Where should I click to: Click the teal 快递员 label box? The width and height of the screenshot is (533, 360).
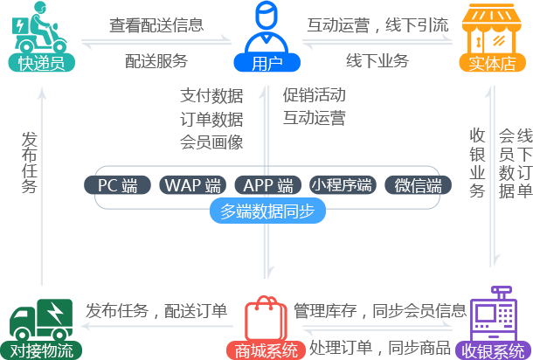click(x=41, y=63)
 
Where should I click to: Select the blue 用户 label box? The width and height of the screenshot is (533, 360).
click(x=261, y=63)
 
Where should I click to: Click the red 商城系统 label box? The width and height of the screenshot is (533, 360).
click(x=267, y=350)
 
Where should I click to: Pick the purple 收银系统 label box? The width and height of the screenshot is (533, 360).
click(x=494, y=350)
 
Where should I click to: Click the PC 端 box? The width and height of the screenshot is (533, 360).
click(x=117, y=185)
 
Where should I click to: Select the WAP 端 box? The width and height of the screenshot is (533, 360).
click(x=192, y=185)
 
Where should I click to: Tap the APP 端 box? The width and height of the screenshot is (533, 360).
click(x=267, y=185)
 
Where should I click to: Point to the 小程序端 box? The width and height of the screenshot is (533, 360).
click(x=343, y=185)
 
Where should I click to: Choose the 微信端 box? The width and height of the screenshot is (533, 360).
click(x=418, y=185)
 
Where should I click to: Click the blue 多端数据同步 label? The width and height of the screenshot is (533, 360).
click(x=267, y=211)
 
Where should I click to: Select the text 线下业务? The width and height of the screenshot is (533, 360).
click(x=377, y=60)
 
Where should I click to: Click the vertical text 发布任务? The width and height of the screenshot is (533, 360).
click(x=30, y=162)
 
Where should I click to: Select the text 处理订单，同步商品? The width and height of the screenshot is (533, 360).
click(x=375, y=348)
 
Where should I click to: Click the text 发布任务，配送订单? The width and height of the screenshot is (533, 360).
click(x=156, y=311)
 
